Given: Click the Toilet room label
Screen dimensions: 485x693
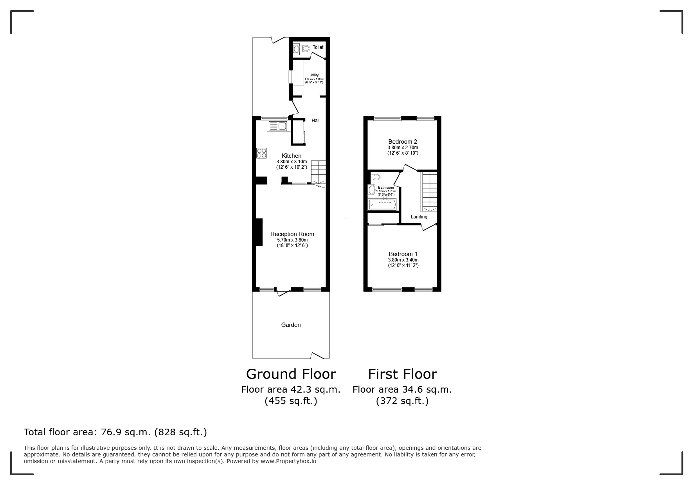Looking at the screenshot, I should (318, 47).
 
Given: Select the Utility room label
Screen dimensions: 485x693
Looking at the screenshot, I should (314, 75).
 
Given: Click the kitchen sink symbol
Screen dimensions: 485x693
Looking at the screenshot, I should (278, 126).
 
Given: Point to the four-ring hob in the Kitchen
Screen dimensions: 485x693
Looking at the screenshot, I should (261, 153).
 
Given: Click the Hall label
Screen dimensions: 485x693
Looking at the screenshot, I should (315, 121).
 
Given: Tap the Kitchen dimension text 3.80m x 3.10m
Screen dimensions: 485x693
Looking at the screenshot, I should (292, 162).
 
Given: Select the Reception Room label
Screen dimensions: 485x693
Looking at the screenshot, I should (292, 234).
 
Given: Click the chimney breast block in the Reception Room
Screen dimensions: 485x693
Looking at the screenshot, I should (259, 232).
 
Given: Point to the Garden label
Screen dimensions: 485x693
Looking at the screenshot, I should (291, 325).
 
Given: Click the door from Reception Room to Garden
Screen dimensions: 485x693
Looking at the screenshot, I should (284, 292).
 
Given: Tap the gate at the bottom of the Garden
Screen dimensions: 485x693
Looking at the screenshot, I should (317, 355).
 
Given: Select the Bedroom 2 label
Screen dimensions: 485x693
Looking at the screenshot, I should (402, 142).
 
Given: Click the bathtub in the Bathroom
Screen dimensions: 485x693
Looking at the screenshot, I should (382, 204).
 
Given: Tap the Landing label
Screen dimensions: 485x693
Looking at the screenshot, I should (419, 217).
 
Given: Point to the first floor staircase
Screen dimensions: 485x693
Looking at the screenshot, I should (428, 191).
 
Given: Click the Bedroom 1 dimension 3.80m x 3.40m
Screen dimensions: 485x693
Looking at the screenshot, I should (403, 260).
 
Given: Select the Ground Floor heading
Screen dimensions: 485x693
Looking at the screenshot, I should (291, 374).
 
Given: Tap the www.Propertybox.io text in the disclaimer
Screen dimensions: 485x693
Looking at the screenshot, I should (288, 461).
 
